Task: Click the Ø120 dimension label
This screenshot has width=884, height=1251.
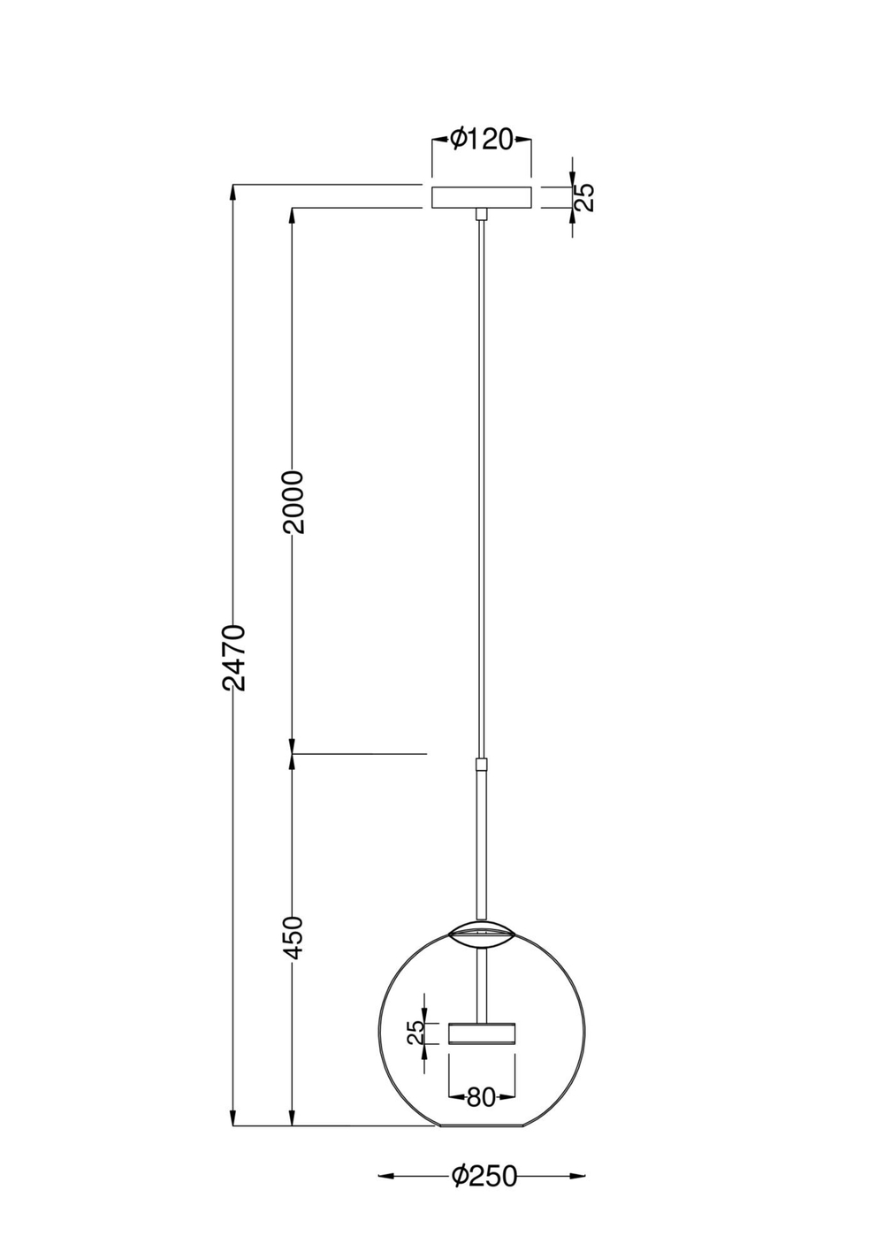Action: (x=481, y=139)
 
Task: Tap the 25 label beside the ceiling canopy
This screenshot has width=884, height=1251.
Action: (x=585, y=197)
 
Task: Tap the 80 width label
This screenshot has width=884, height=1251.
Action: (x=480, y=1097)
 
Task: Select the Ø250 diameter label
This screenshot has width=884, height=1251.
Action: (x=483, y=1176)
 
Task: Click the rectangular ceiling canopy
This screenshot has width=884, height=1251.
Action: (x=481, y=197)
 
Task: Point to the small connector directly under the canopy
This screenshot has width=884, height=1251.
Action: (x=481, y=214)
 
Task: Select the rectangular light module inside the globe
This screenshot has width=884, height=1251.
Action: (x=481, y=1034)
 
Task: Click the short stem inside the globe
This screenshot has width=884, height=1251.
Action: (x=481, y=986)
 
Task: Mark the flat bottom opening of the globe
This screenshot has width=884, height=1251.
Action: (x=481, y=1126)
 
